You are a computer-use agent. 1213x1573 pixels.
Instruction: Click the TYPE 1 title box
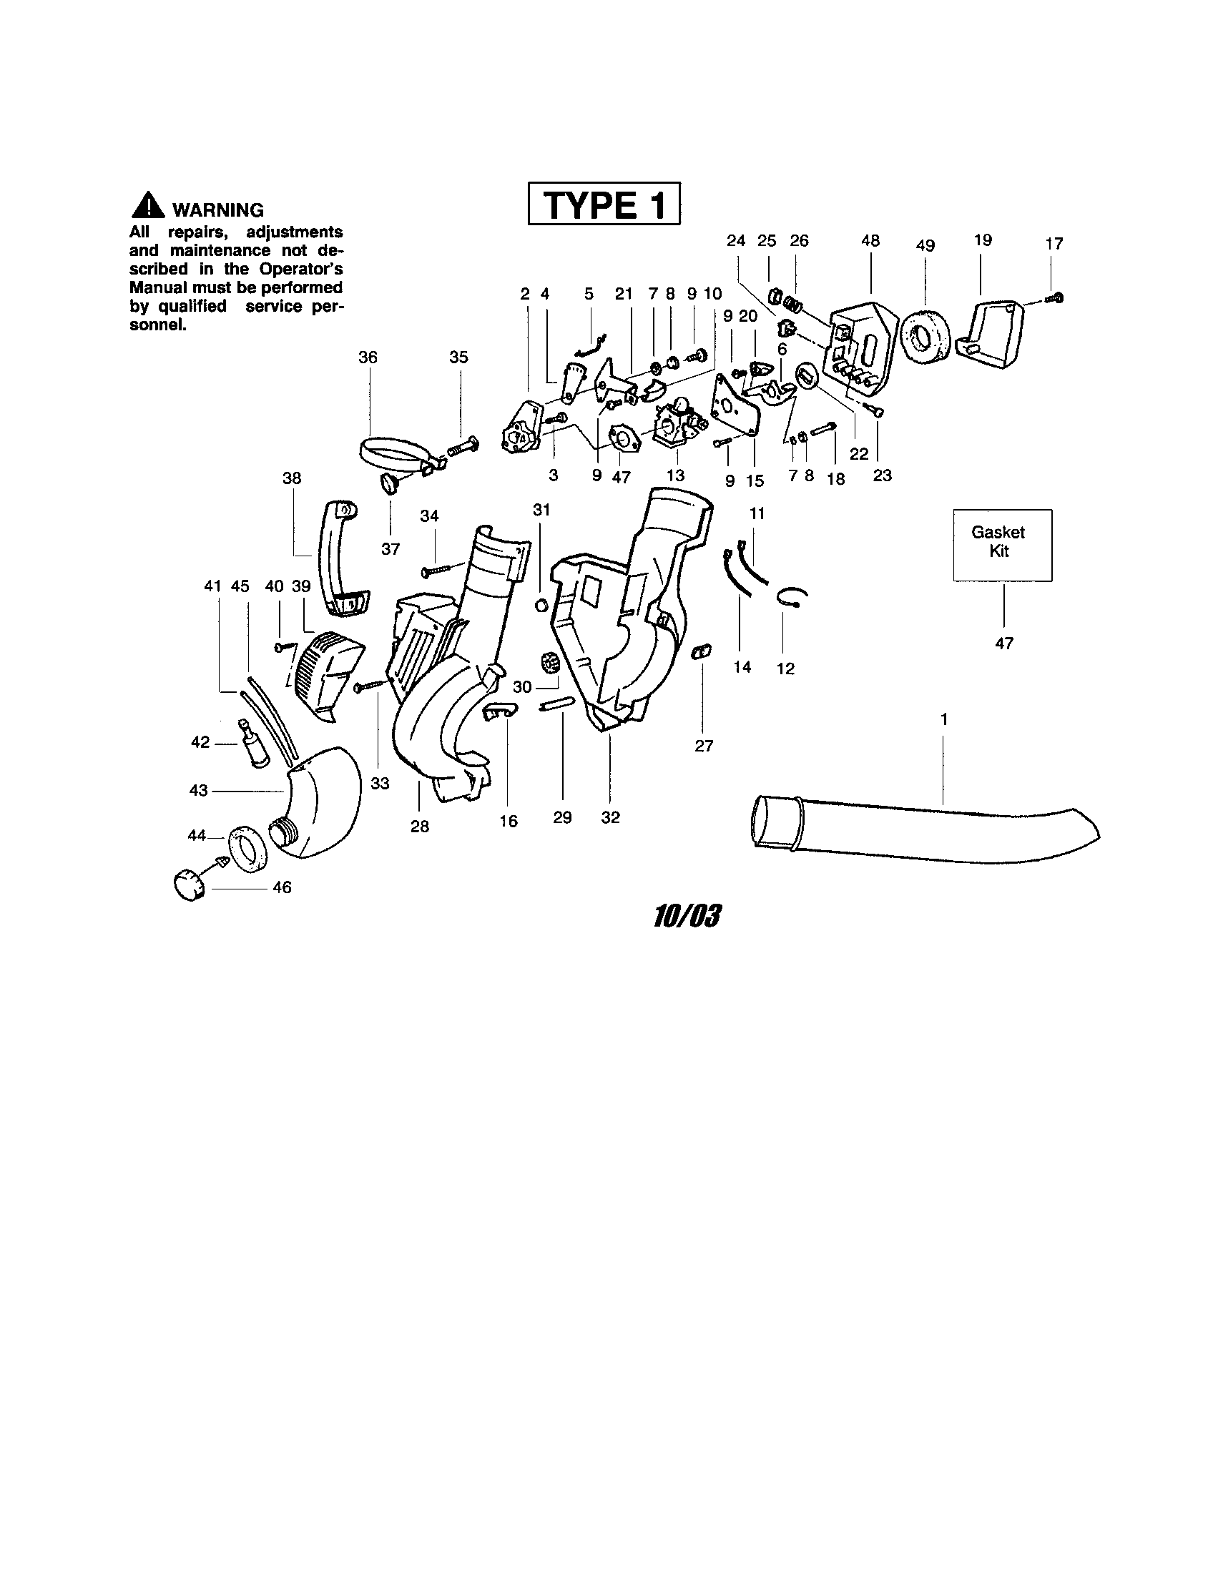[604, 204]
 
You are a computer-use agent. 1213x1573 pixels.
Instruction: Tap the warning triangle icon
[147, 206]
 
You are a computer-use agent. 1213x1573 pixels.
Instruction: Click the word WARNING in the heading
[218, 210]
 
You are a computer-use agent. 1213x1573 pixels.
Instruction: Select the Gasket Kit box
[1002, 545]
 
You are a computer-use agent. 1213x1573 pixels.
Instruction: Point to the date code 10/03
[687, 917]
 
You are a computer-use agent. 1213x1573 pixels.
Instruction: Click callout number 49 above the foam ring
[925, 245]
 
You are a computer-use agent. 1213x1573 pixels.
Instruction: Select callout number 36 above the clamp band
[368, 357]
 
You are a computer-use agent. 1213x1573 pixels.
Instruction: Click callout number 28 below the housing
[419, 827]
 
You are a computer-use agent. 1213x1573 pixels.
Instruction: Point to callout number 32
[610, 817]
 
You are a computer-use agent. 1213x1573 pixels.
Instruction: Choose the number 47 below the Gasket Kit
[1003, 643]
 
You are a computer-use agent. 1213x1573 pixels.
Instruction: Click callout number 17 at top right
[1054, 244]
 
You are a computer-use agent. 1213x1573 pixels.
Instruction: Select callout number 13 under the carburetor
[675, 475]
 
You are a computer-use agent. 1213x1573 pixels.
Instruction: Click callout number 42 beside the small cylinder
[200, 742]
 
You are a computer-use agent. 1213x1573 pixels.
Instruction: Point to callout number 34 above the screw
[429, 516]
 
